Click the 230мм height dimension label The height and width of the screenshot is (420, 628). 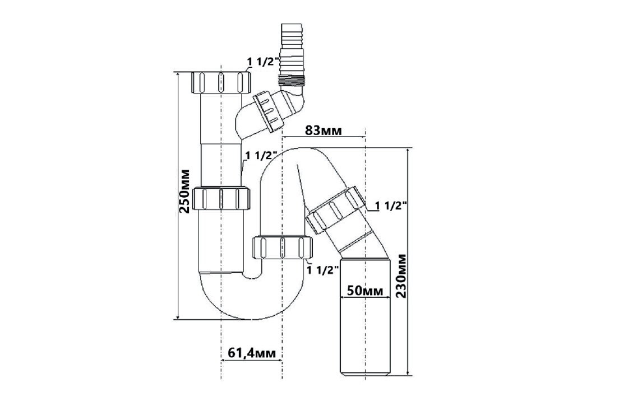click(x=401, y=276)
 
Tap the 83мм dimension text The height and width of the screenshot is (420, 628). click(x=324, y=130)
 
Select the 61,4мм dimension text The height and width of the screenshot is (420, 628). click(x=252, y=353)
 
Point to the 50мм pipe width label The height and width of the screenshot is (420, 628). click(x=364, y=291)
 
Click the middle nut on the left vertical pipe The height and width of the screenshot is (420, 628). click(x=221, y=198)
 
